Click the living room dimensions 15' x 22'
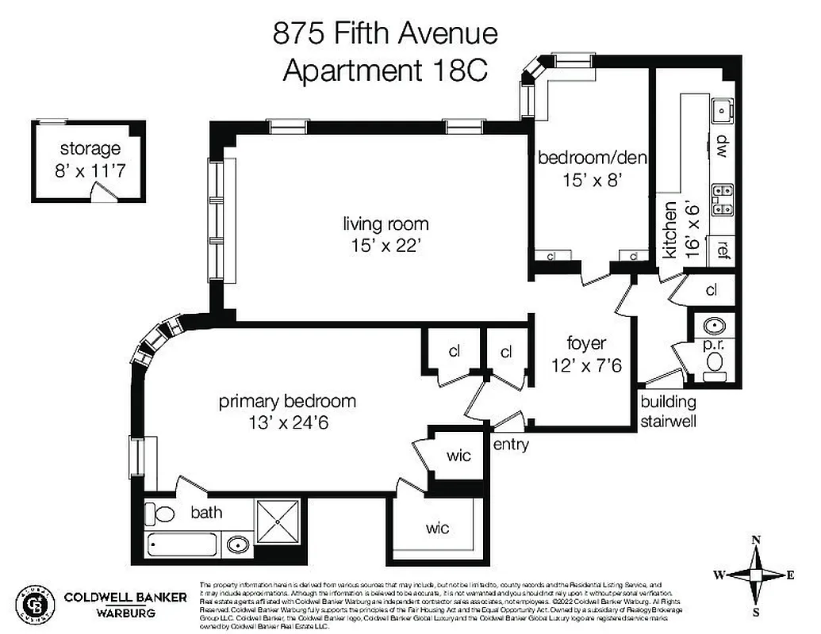386,246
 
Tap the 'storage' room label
90,148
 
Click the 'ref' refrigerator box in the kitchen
723,249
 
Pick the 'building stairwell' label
668,411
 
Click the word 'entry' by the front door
511,445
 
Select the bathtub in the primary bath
182,545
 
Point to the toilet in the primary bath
163,514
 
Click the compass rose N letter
756,540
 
